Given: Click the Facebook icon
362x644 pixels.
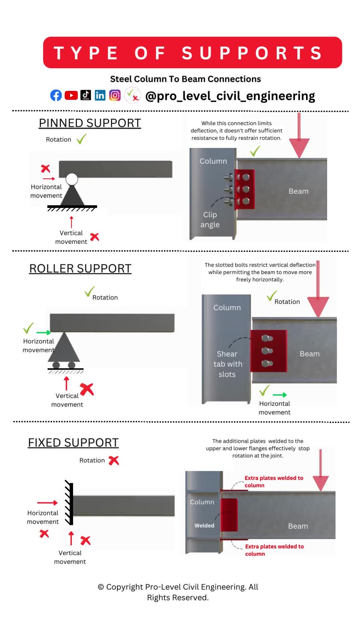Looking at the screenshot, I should tap(56, 96).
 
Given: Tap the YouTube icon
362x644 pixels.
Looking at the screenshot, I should tap(71, 96).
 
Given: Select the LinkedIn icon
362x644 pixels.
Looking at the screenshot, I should tap(100, 96).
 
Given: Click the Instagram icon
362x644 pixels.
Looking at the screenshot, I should tap(115, 96).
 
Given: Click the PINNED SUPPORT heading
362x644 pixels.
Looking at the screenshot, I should tap(90, 123).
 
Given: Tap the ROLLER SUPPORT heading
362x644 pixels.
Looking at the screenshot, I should tap(80, 269).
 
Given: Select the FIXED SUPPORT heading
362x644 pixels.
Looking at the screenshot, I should tap(73, 443).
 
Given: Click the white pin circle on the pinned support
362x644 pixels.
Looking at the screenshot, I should tap(72, 179).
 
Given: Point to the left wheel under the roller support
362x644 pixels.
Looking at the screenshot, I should tap(56, 365).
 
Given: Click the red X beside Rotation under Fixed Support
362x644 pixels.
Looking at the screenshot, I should tap(114, 461).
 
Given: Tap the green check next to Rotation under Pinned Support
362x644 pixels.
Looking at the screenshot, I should tap(81, 139).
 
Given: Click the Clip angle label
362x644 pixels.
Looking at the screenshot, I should tap(210, 220).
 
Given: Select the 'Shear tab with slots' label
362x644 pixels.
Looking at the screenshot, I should tap(228, 364).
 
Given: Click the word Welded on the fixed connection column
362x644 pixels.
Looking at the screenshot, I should tap(204, 526).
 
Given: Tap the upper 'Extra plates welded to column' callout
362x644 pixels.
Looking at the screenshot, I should tap(274, 482).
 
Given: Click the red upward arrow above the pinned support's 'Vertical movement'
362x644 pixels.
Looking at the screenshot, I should tap(71, 222).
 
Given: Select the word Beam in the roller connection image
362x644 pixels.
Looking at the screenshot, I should tap(309, 354).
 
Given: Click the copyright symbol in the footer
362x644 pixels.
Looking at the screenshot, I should tap(101, 587).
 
